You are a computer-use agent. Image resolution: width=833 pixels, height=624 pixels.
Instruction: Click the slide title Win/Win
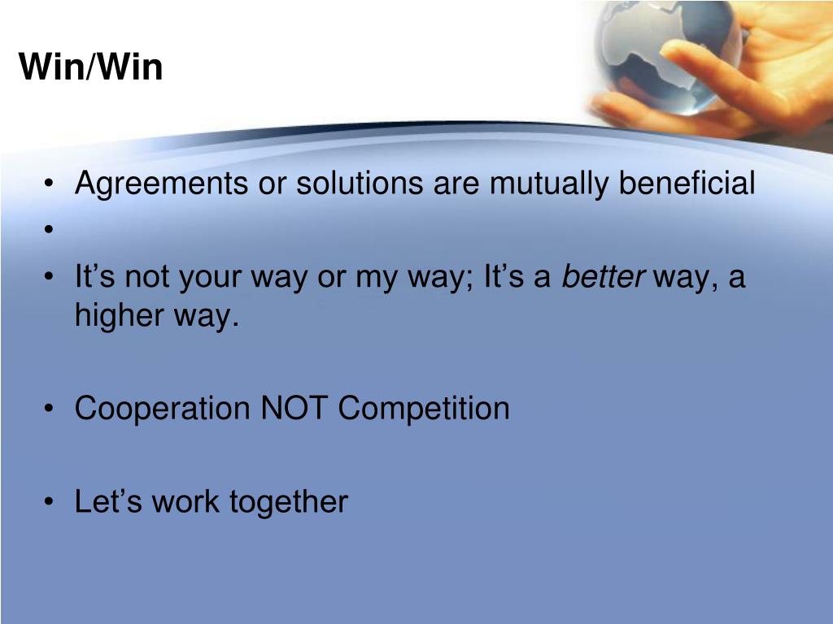click(x=91, y=67)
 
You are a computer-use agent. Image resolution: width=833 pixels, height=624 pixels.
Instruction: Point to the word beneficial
click(x=687, y=184)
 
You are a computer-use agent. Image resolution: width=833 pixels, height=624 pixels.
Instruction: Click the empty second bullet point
click(x=50, y=231)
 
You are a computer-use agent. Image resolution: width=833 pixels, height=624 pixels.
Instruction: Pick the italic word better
click(x=604, y=278)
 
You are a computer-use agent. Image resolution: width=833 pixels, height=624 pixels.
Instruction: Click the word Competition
click(x=424, y=409)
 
